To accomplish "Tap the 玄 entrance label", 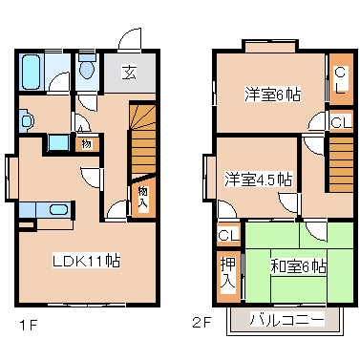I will pos(127,72).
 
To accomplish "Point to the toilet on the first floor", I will pos(87,69).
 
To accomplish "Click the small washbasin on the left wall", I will pos(26,120).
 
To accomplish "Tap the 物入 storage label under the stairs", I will pos(142,197).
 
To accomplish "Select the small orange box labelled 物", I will pos(85,144).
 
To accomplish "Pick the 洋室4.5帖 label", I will pos(258,179).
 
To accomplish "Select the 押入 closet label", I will pos(228,273).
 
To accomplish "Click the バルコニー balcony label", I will pos(283,318).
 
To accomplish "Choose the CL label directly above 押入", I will pos(228,235).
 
